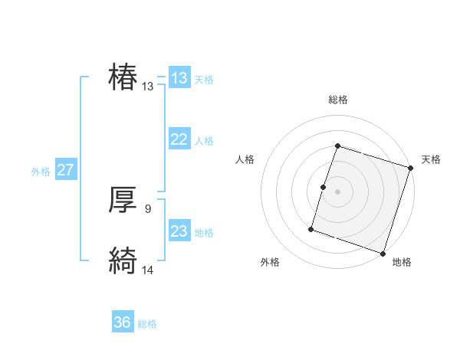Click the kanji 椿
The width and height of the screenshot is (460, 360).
[x=123, y=78]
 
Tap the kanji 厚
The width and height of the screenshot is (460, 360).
[x=123, y=200]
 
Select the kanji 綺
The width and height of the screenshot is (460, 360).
[x=123, y=261]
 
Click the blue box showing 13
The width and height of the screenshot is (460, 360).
[x=179, y=78]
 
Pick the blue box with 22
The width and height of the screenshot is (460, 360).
[x=179, y=139]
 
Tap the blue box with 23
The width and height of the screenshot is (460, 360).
[x=179, y=231]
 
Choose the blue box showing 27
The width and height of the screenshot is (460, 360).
[x=66, y=170]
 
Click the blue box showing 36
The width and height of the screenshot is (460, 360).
[x=123, y=322]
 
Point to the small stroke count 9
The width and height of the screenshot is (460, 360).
[x=148, y=208]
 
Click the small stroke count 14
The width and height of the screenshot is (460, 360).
[x=148, y=269]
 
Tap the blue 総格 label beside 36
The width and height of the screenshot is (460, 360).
[x=147, y=324]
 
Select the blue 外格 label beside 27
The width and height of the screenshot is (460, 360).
[x=41, y=172]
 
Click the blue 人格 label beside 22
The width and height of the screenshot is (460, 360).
[x=204, y=141]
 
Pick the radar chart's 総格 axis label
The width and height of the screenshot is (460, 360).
[x=337, y=100]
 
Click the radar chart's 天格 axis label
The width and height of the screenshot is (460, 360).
[x=431, y=159]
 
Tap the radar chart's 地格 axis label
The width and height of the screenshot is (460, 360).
[x=402, y=263]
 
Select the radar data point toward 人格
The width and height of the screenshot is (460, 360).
[x=324, y=187]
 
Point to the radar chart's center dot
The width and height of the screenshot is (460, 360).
[x=337, y=191]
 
